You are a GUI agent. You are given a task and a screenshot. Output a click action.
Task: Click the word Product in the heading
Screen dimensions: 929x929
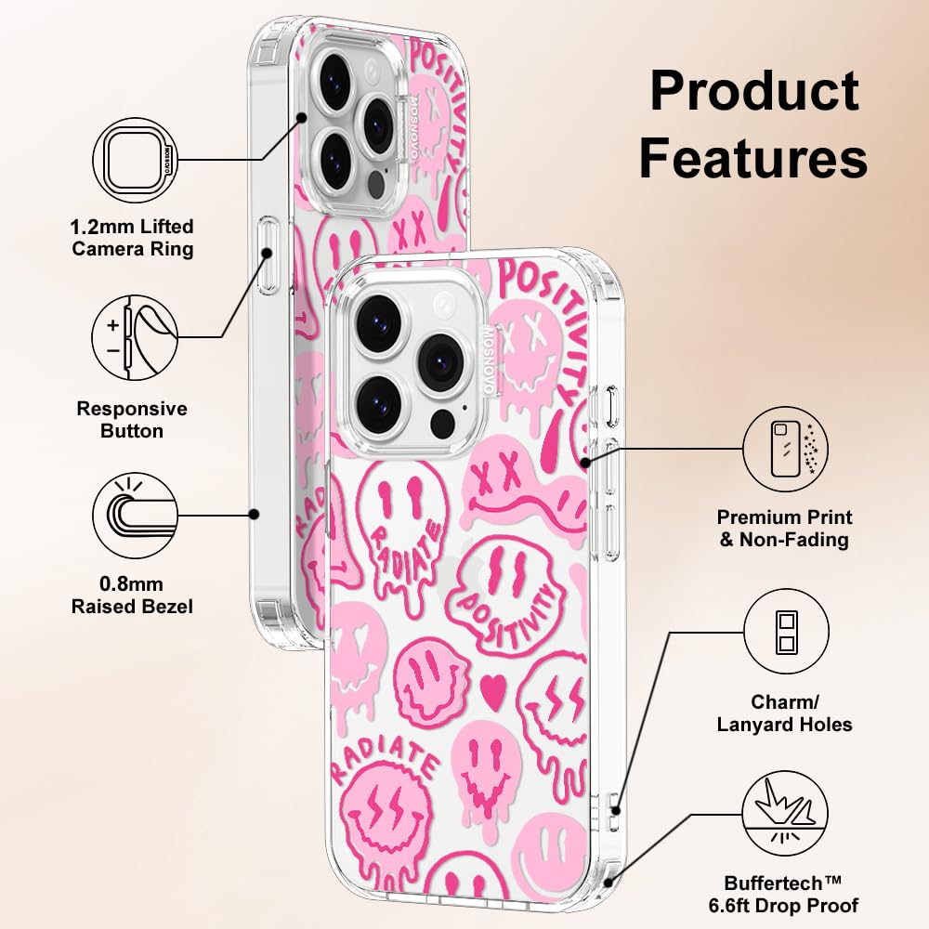[x=754, y=91]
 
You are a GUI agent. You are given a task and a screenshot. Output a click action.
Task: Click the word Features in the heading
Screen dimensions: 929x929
[x=753, y=157]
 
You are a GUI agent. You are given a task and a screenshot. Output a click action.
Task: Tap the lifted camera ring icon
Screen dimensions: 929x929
[x=136, y=160]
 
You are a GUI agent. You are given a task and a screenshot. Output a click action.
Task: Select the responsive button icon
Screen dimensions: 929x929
[x=135, y=338]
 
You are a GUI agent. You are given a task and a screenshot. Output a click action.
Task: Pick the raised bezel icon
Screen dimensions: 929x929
[x=135, y=516]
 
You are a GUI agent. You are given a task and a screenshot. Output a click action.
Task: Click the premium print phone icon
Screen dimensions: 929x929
[x=786, y=449]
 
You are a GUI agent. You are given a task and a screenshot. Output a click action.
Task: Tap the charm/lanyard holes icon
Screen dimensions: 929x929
[x=786, y=632]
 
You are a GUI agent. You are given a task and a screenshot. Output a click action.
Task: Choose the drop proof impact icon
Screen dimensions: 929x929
[x=786, y=814]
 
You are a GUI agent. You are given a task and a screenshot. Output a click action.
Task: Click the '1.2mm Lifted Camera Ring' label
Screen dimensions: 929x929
[x=132, y=238]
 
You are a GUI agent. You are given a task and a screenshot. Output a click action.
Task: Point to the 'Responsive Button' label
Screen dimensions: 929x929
[x=132, y=420]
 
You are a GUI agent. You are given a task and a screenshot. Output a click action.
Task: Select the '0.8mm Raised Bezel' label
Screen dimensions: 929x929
[x=132, y=595]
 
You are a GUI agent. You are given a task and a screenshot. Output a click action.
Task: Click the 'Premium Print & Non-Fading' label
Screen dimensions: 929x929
[x=784, y=529]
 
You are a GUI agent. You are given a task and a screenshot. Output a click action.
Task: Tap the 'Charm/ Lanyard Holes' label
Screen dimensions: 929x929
[x=784, y=713]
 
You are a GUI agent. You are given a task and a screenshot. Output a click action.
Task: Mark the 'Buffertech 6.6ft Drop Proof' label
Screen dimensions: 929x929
[x=783, y=894]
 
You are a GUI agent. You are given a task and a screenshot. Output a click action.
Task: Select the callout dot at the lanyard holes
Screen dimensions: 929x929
[x=616, y=811]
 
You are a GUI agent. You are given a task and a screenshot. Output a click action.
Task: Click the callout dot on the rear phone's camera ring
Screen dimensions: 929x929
[x=302, y=119]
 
